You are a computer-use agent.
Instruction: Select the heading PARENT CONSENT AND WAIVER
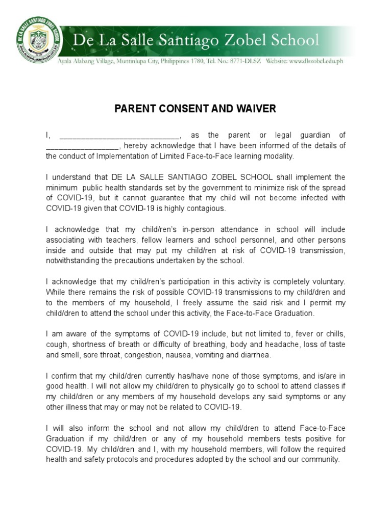click(x=195, y=109)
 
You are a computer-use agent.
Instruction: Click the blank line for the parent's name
click(x=119, y=136)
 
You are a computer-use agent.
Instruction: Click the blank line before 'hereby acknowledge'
click(x=82, y=146)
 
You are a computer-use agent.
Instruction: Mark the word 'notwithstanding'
click(x=72, y=261)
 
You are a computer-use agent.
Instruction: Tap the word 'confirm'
click(x=68, y=376)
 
